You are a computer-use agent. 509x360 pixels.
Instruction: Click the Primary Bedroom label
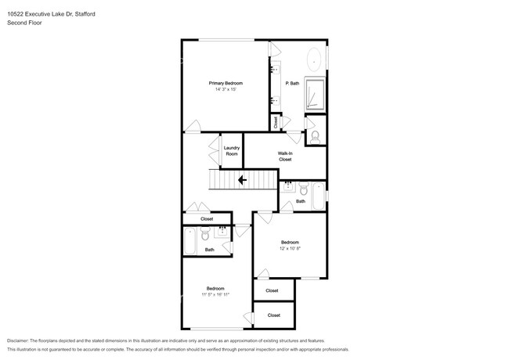point(225,83)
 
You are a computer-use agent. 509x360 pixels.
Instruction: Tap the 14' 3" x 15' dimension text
point(225,90)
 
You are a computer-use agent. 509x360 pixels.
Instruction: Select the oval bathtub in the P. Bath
point(315,59)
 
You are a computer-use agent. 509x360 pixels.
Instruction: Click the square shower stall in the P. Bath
point(314,95)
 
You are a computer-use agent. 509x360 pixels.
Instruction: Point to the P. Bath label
point(292,83)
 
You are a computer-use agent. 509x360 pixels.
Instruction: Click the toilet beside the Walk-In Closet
point(315,135)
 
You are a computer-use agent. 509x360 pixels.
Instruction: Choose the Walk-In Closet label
point(285,156)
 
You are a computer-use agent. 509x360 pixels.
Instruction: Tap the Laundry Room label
point(231,150)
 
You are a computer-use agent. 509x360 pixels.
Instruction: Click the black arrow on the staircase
point(242,180)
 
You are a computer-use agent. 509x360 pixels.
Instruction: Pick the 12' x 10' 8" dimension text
point(291,248)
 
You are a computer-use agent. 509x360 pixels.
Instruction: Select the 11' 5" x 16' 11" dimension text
point(216,294)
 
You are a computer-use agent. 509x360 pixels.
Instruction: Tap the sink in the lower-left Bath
point(223,231)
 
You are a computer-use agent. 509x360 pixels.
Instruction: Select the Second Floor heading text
point(24,22)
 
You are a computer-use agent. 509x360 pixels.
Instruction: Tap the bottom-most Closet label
point(273,315)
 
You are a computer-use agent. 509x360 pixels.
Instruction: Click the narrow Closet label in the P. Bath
point(276,122)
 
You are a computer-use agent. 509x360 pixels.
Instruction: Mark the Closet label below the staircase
point(207,219)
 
